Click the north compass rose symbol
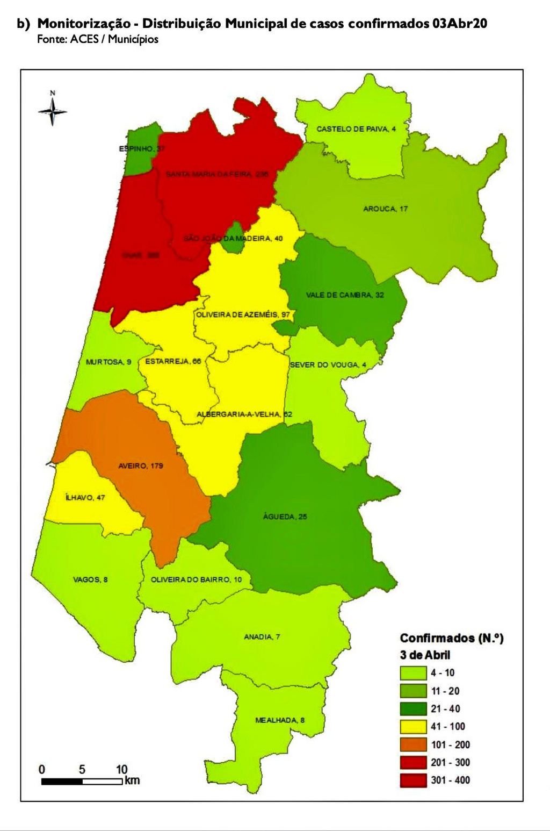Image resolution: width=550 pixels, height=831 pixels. point(53,111)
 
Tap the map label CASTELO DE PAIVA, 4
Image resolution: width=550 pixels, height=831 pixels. point(356,129)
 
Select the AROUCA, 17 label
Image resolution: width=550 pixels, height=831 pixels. point(385,209)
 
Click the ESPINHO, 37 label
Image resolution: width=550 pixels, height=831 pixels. point(142,148)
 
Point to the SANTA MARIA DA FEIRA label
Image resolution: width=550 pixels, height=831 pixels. point(216,174)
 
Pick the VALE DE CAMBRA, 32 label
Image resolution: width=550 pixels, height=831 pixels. point(345,295)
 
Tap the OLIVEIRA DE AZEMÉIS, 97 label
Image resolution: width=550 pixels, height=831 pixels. point(243,314)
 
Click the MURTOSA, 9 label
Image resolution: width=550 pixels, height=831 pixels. point(108,362)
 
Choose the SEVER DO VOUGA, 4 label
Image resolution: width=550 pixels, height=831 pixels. point(328,365)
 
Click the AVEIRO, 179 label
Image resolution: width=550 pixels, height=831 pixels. point(141,465)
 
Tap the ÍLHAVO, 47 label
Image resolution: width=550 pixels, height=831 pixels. point(85,498)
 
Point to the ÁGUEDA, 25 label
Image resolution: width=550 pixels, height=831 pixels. point(285,517)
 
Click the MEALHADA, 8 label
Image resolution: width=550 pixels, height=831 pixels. point(280,720)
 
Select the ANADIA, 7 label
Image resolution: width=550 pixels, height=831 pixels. point(262,637)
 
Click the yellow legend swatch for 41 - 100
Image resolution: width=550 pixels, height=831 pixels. point(413,727)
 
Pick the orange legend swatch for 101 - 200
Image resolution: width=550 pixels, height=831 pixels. point(413,744)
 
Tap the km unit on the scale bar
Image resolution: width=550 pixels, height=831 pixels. point(132,780)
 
